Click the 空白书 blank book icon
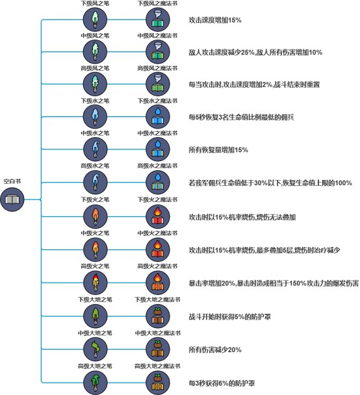tap(12, 199)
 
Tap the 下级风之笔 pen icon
tap(96, 19)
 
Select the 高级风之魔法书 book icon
tap(158, 84)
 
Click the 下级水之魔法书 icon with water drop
tap(158, 117)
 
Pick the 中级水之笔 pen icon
tap(96, 149)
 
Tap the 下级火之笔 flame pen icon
tap(96, 216)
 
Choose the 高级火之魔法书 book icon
tap(158, 283)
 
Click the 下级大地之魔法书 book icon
tap(158, 316)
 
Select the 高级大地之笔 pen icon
tap(96, 383)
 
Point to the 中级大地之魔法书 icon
tap(158, 350)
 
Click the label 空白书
tap(12, 181)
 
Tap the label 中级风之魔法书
tap(157, 36)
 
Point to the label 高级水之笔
tap(95, 166)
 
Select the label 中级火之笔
tap(95, 233)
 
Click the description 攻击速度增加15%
tap(215, 20)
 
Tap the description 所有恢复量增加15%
tap(218, 150)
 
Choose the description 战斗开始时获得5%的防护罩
tap(230, 316)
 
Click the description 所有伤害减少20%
tap(215, 350)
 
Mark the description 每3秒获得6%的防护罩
tap(222, 383)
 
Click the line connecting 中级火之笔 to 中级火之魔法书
tap(127, 249)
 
